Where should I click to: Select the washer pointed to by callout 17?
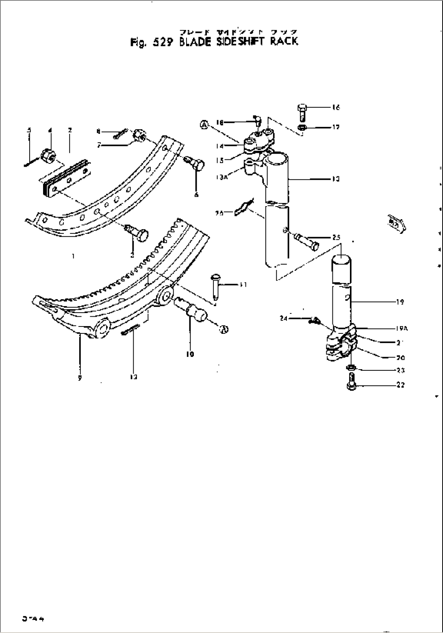[302, 128]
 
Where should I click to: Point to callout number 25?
[336, 237]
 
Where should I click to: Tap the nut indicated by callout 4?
[49, 155]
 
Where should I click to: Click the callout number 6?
[196, 195]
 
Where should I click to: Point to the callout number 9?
[80, 377]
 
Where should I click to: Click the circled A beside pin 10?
[223, 329]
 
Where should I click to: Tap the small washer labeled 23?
[352, 368]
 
